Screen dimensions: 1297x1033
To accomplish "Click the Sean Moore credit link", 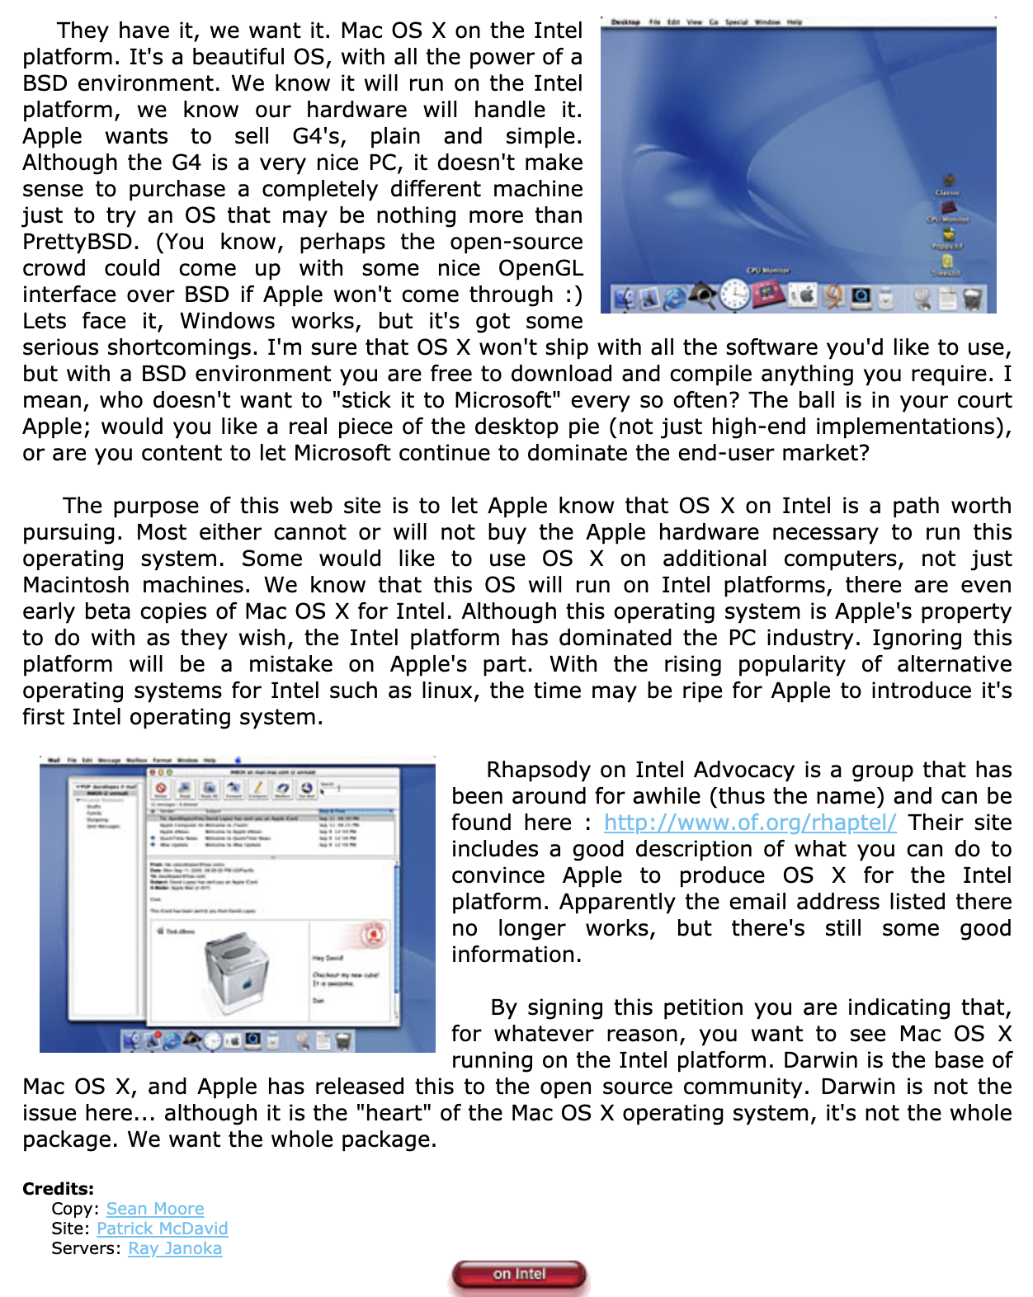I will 155,1209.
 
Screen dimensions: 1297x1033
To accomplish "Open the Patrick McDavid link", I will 162,1229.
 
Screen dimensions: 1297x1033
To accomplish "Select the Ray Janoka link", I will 175,1248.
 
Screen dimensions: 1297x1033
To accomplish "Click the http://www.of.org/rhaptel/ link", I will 750,823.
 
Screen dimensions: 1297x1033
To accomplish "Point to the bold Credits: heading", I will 58,1189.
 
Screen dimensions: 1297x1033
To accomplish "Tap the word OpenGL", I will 540,268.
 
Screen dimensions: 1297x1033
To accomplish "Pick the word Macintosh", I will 76,585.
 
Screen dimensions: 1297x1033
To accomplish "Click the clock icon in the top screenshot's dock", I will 733,295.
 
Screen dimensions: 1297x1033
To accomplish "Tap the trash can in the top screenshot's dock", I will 974,298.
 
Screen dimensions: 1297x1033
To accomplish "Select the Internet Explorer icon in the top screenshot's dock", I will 675,297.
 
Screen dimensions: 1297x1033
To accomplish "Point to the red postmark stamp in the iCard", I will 374,936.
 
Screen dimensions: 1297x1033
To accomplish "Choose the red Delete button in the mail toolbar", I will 161,788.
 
